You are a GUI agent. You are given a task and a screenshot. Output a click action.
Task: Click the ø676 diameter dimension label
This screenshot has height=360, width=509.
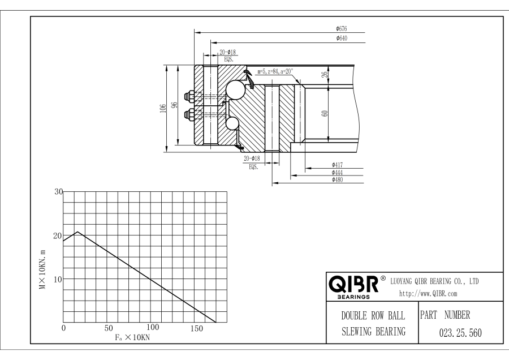[x=341, y=28]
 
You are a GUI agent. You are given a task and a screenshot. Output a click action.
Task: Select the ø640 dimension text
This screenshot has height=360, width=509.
[x=341, y=38]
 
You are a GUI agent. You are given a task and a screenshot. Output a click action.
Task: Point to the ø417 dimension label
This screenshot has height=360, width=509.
[x=337, y=165]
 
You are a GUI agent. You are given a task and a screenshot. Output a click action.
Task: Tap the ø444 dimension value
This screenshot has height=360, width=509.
[x=337, y=173]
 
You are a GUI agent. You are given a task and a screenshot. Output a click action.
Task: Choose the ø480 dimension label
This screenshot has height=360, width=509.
[x=337, y=180]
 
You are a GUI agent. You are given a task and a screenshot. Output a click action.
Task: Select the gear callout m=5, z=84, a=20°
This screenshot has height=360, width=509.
[x=275, y=71]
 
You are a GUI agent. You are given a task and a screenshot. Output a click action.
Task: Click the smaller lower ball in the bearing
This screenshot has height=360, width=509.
[x=232, y=123]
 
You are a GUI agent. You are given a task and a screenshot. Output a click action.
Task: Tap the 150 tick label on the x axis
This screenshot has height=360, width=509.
[x=197, y=328]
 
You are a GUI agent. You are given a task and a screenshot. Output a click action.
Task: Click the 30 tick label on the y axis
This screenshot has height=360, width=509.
[x=58, y=192]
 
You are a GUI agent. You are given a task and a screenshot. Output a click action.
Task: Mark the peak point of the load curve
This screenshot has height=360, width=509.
[x=77, y=232]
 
